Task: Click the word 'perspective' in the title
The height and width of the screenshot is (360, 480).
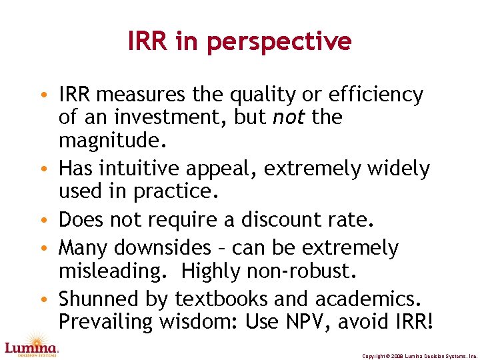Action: pos(279,43)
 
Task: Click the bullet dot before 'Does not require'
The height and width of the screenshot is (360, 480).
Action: pos(51,221)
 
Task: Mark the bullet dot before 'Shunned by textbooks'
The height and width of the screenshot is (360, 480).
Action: pos(51,299)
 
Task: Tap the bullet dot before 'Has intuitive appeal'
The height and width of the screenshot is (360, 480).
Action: pos(51,169)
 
